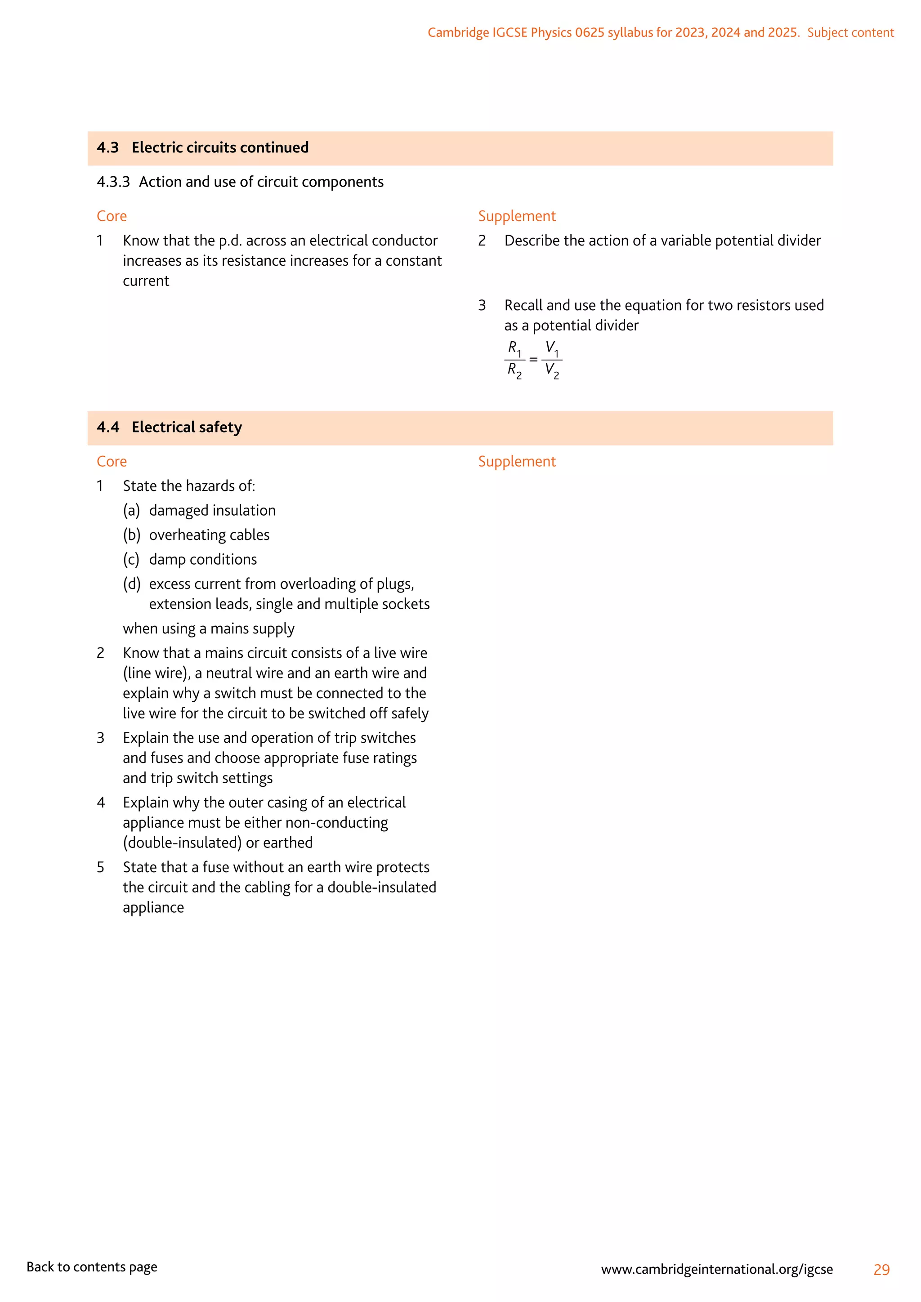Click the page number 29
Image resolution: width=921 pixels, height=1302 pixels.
(881, 1270)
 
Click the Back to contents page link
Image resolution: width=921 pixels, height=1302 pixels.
(92, 1267)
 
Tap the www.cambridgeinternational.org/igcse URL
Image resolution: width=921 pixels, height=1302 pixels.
(717, 1269)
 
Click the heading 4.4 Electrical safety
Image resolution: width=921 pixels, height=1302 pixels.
(170, 427)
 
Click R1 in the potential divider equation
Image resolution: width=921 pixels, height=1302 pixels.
(514, 348)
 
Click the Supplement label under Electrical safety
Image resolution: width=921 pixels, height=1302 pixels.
(517, 462)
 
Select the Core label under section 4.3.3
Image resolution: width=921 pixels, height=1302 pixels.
(112, 216)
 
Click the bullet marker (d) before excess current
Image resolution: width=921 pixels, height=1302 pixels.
(132, 584)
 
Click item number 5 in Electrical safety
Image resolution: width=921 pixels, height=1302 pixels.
(100, 868)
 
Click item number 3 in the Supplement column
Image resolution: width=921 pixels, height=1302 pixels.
(482, 306)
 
